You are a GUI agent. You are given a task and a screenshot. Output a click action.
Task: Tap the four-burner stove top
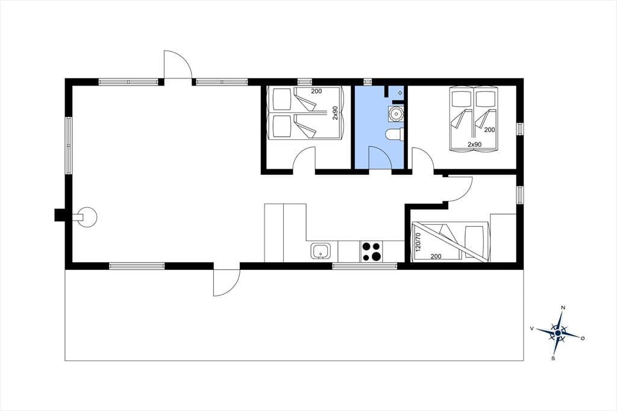coord(371,251)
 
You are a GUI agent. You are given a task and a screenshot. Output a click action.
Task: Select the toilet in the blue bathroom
coord(394,134)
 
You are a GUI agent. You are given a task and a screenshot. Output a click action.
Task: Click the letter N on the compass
coord(563,307)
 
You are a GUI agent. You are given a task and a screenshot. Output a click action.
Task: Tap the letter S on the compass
coord(553,358)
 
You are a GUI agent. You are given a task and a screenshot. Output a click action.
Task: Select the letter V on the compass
coord(532,328)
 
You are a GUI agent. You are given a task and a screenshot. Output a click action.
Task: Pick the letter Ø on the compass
coord(583,338)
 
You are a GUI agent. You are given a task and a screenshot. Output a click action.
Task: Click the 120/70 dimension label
coord(418,242)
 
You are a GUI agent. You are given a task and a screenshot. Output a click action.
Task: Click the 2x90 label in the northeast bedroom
coord(475,145)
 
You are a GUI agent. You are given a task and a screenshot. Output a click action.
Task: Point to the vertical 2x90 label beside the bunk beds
coord(335,113)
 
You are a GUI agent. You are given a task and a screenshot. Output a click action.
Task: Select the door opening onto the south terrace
coord(227,282)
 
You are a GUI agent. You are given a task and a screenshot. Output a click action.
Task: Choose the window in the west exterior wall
coord(69,146)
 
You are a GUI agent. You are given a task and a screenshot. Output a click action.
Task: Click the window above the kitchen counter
coord(365,266)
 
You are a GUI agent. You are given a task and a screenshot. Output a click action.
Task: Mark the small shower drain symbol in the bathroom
coord(400,93)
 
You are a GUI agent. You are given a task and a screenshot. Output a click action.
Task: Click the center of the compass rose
coord(557,333)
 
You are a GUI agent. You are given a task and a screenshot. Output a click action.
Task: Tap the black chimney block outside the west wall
coord(60,215)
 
